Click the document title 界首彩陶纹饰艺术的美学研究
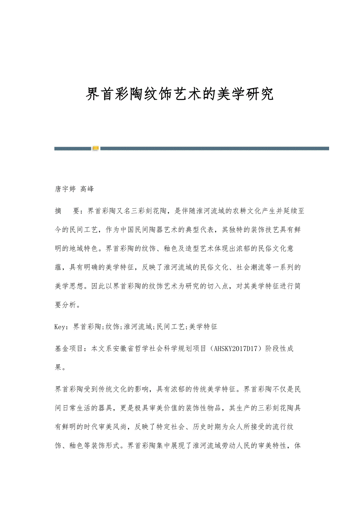pyautogui.click(x=180, y=94)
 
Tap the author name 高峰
pyautogui.click(x=87, y=189)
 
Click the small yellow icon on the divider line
pyautogui.click(x=95, y=148)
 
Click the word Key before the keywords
pyautogui.click(x=60, y=327)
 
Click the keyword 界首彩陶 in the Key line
pyautogui.click(x=87, y=327)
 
